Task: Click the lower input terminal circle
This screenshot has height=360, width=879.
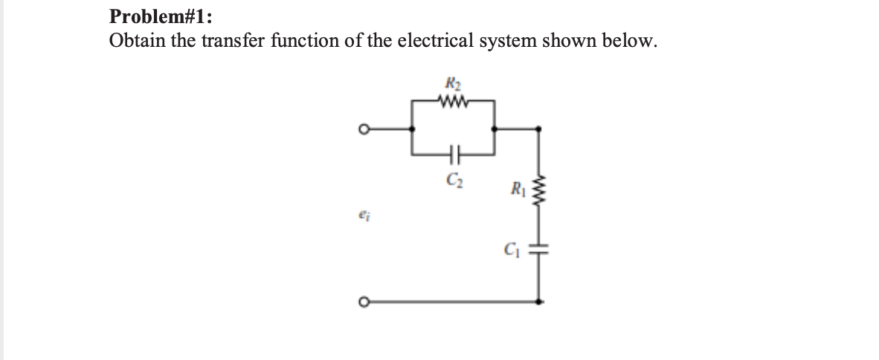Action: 365,301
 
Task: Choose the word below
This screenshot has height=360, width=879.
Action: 629,40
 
